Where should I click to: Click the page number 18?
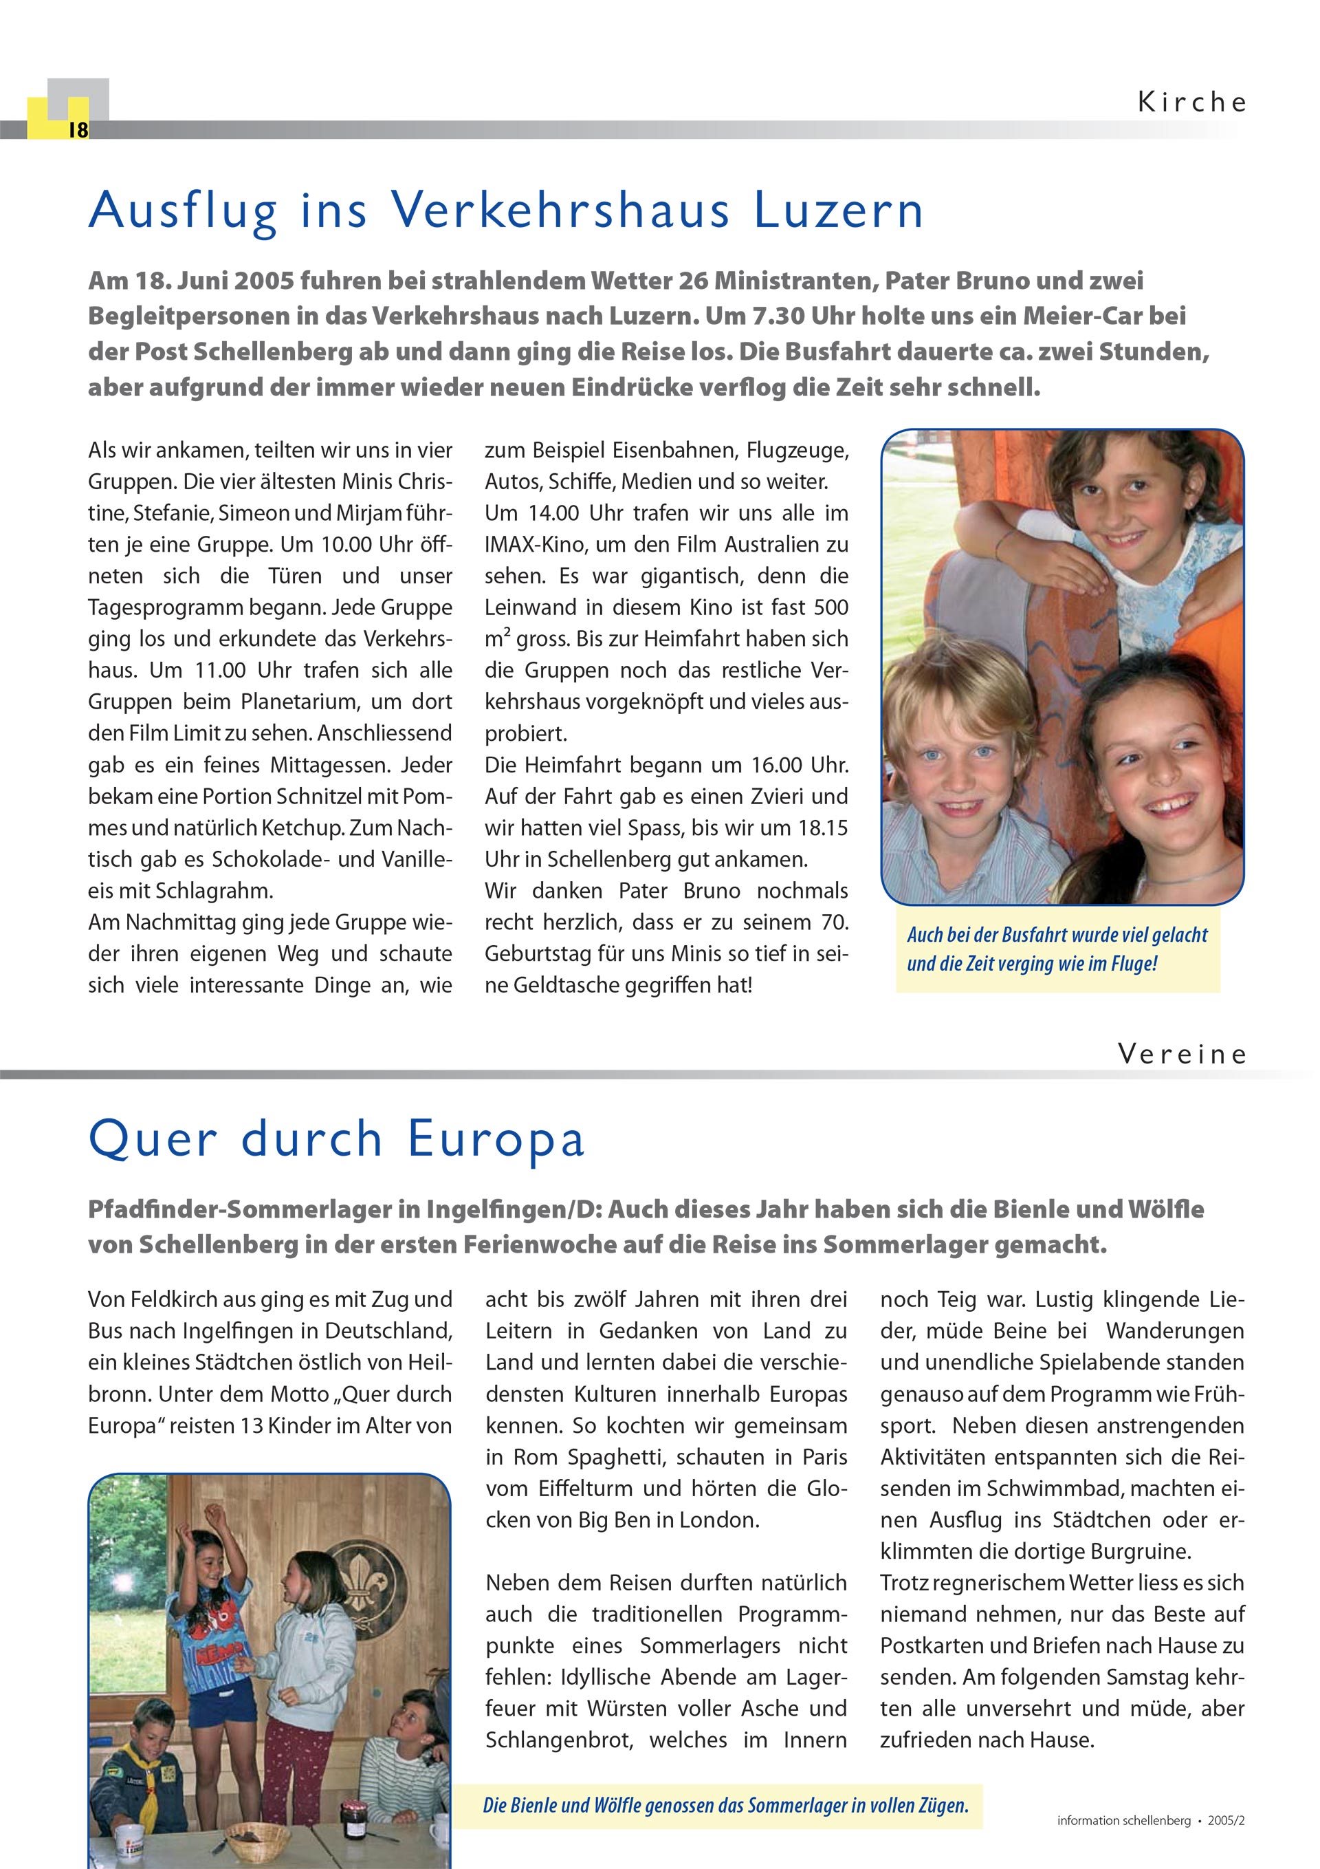click(78, 130)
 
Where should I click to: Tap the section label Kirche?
click(1191, 102)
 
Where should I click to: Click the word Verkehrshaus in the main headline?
click(561, 210)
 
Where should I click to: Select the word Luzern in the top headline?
click(838, 210)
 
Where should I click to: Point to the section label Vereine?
click(1182, 1054)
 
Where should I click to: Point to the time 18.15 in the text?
click(823, 828)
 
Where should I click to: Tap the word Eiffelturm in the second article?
click(586, 1488)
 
